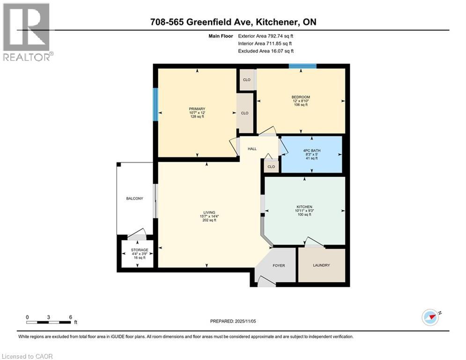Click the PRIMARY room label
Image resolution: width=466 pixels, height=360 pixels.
click(x=197, y=109)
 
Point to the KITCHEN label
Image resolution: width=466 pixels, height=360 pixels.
click(x=304, y=207)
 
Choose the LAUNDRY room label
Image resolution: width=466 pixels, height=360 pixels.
click(x=321, y=265)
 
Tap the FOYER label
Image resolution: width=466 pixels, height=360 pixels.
click(x=279, y=266)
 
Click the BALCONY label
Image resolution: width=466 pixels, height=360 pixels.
click(x=134, y=199)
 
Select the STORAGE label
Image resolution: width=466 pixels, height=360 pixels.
click(x=140, y=250)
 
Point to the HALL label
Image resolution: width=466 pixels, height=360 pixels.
click(x=252, y=149)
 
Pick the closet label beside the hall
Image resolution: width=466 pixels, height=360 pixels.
click(x=271, y=166)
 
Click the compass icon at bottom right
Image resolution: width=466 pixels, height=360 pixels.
click(x=430, y=317)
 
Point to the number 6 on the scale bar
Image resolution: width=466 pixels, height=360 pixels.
click(x=70, y=317)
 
